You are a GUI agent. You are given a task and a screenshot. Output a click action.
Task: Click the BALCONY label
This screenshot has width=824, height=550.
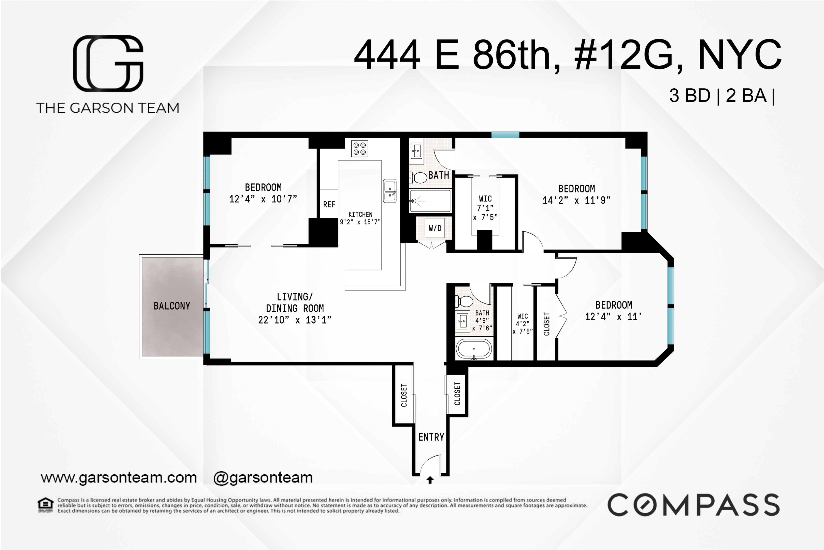(x=172, y=306)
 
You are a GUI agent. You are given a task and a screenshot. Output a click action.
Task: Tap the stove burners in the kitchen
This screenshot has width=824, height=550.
(x=359, y=148)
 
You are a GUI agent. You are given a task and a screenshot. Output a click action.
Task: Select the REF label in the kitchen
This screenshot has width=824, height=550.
(x=329, y=204)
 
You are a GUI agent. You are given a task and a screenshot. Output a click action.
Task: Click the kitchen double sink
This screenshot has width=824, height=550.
(x=389, y=191)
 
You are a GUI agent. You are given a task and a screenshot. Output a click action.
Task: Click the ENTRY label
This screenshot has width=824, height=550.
(x=431, y=437)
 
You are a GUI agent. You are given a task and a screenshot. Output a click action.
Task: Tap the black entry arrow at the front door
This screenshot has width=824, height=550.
(x=430, y=479)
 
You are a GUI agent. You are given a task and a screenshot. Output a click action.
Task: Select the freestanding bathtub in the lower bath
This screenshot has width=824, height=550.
(x=474, y=349)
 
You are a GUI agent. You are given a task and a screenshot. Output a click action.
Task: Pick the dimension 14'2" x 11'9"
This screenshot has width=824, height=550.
(x=576, y=200)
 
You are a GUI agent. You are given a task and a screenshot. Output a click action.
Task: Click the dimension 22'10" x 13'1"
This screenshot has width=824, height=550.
(x=295, y=320)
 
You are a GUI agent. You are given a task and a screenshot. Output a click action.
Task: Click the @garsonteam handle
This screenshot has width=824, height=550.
(x=263, y=478)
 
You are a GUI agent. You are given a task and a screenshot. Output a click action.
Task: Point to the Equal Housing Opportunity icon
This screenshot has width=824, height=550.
(x=46, y=505)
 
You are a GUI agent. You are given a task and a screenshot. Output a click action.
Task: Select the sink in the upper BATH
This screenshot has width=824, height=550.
(x=416, y=151)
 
